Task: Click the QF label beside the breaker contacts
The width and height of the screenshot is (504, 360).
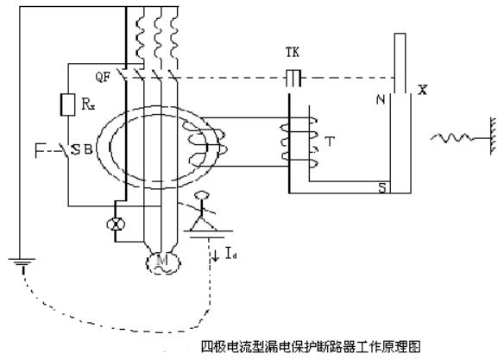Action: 103,77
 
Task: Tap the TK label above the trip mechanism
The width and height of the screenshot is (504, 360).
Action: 293,52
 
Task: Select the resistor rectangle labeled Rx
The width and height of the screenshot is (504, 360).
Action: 68,104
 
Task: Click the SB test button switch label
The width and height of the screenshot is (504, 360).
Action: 82,150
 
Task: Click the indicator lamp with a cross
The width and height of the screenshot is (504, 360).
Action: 116,224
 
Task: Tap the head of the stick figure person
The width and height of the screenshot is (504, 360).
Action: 202,195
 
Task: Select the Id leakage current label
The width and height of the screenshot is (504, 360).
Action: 230,253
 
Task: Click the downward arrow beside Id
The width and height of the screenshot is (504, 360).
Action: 216,255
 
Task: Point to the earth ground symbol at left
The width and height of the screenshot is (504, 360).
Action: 22,262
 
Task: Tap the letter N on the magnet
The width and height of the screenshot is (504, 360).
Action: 381,99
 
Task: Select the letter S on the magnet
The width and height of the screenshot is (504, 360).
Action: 382,188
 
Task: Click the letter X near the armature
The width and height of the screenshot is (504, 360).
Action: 422,90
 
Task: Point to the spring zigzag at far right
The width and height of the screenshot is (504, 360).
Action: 452,138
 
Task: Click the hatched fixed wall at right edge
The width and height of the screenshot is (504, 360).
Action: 494,136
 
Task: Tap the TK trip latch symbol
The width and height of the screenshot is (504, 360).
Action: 293,78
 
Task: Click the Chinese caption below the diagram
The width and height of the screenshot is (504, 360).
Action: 311,347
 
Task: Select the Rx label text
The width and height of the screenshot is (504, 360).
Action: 88,104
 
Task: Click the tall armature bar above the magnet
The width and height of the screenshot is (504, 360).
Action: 400,63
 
